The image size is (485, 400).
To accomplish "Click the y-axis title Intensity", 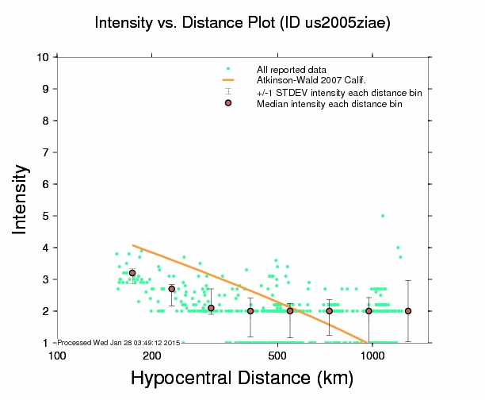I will [23, 198].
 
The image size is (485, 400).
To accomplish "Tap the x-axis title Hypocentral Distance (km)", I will [242, 379].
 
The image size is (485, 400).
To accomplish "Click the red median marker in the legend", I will [228, 104].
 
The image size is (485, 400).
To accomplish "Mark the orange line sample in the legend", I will [228, 81].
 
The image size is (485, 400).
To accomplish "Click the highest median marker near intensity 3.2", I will [132, 273].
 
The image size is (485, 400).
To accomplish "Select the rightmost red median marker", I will [408, 311].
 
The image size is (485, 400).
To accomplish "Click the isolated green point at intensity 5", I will [383, 216].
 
